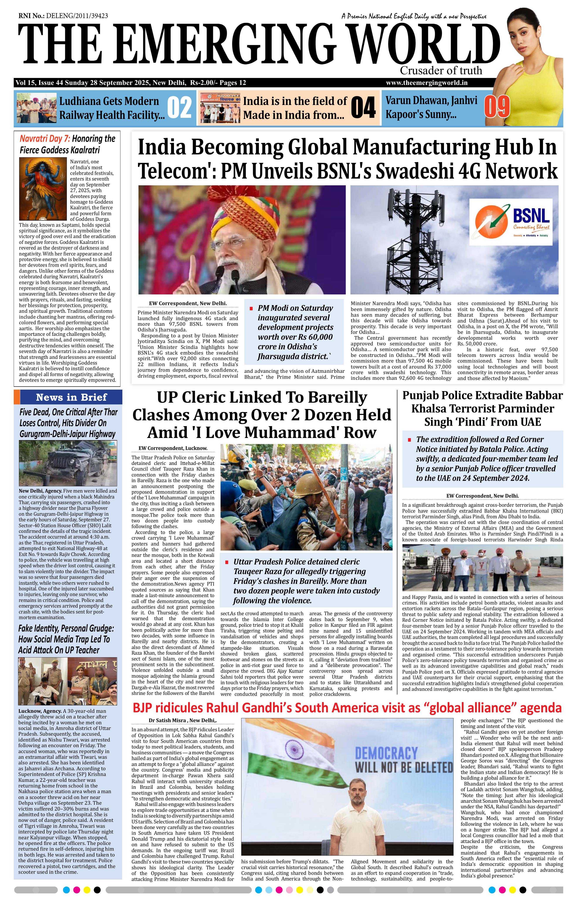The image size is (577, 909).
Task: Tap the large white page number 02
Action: point(179,108)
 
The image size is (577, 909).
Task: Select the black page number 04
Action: point(363,108)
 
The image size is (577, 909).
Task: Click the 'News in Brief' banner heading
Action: point(71,397)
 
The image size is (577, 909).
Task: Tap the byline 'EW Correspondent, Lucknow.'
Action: point(173,448)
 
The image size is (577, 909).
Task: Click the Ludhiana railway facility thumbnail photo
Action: point(36,108)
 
